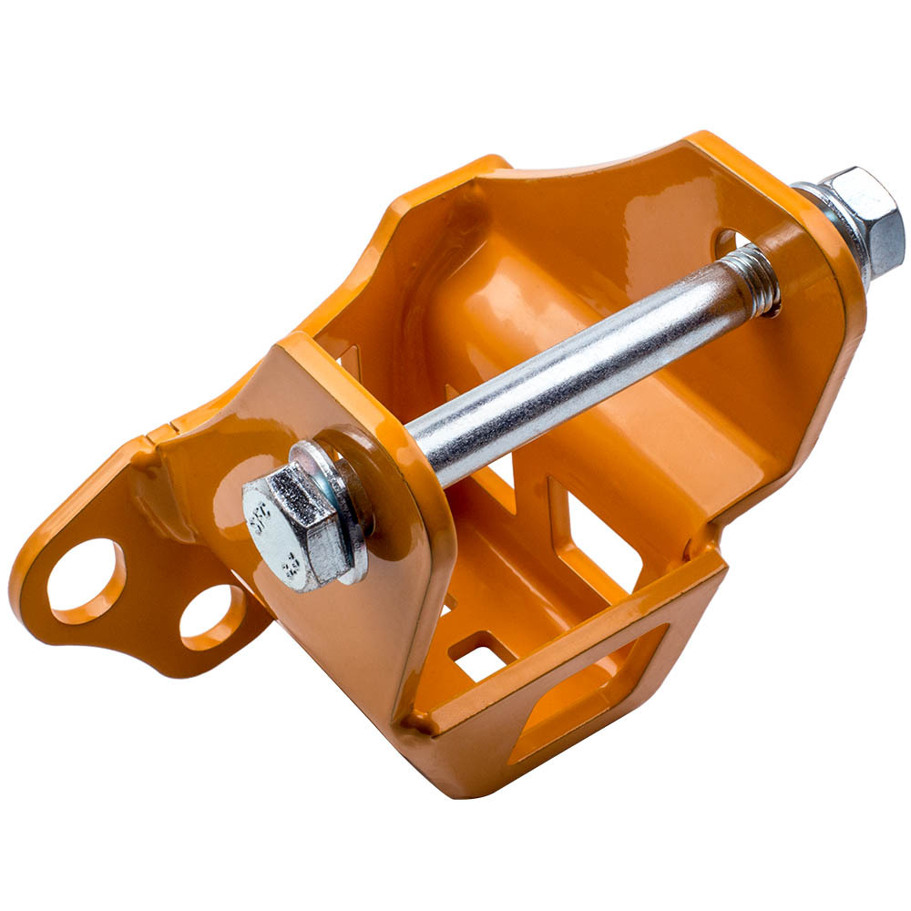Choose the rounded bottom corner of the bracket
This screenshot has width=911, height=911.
(x=455, y=774)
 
